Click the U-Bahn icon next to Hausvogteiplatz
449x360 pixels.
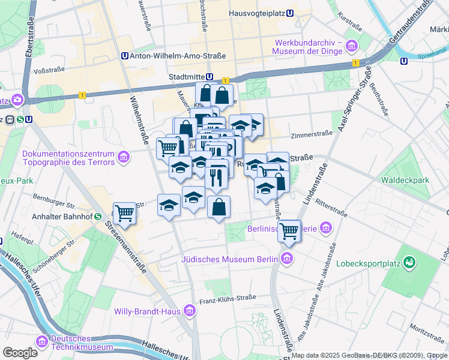[x=290, y=13]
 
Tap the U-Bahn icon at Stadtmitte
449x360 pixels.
[x=209, y=77]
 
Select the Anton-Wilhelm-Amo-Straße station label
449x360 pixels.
[x=178, y=56]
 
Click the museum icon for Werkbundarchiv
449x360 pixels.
[x=351, y=46]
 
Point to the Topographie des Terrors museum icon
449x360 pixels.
[x=124, y=157]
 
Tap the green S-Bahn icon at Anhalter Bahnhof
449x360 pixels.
[x=97, y=217]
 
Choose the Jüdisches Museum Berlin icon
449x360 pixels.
[x=287, y=259]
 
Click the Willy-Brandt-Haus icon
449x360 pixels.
[x=190, y=311]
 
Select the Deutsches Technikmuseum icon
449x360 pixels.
[x=41, y=342]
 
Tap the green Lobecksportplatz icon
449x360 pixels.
[x=409, y=262]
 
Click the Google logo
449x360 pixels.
[x=20, y=352]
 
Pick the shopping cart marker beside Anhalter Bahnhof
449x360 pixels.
[x=124, y=213]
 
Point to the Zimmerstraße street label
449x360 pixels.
[x=312, y=134]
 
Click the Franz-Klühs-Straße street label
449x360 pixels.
[x=228, y=297]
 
